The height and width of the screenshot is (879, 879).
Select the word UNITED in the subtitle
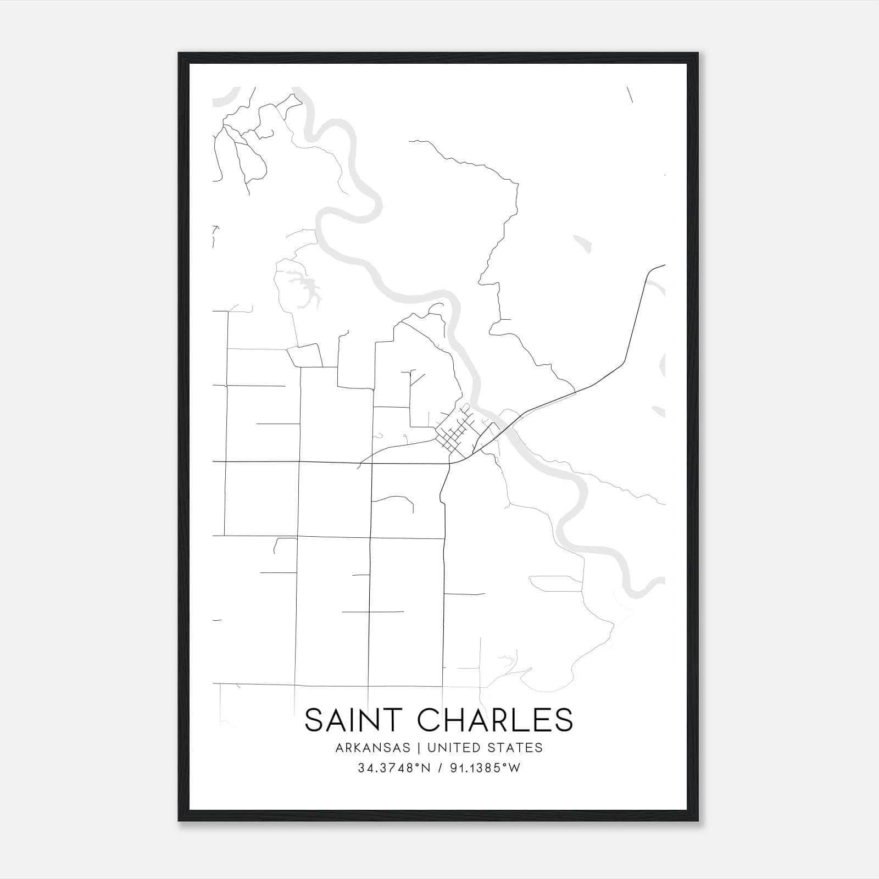pyautogui.click(x=448, y=748)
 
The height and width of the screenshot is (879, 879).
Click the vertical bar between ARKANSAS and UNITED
pyautogui.click(x=419, y=748)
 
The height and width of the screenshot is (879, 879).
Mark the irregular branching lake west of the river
pyautogui.click(x=305, y=290)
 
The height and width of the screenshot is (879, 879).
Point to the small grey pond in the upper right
pyautogui.click(x=582, y=244)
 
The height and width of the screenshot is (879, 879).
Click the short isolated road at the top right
pyautogui.click(x=630, y=94)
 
